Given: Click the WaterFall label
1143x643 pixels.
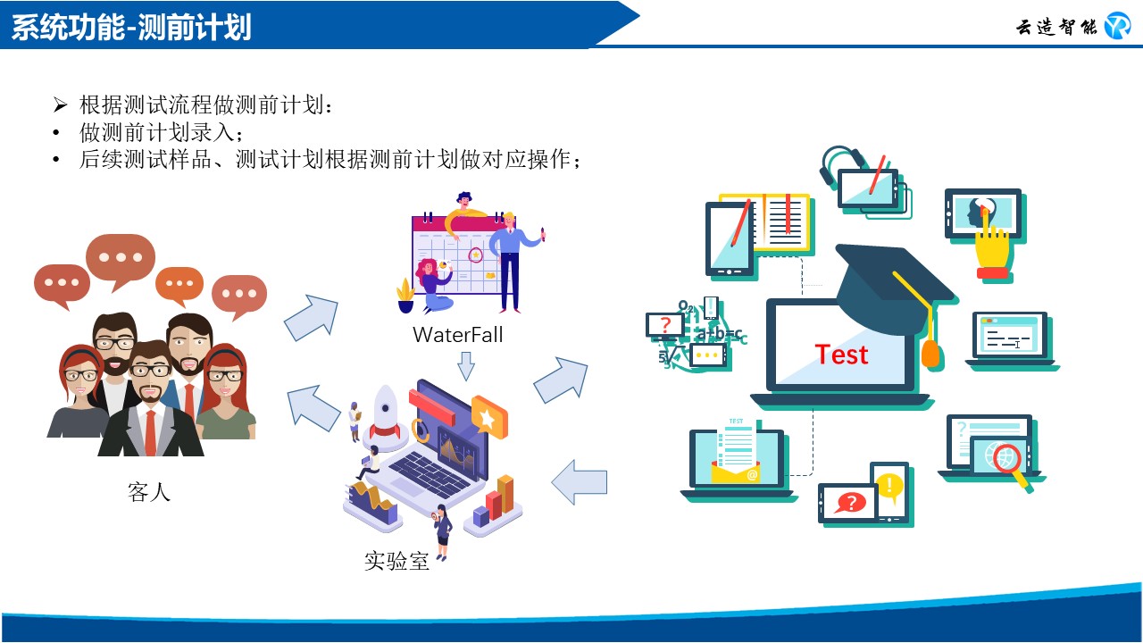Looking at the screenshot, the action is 458,335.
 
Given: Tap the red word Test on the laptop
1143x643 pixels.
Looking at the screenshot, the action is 841,355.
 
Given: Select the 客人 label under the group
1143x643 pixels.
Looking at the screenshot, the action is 148,492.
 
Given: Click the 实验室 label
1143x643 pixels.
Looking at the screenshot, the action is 396,561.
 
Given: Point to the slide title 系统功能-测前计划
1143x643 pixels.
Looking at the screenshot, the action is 131,27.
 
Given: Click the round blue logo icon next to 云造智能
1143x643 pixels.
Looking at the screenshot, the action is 1117,26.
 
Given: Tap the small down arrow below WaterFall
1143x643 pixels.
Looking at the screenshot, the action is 466,366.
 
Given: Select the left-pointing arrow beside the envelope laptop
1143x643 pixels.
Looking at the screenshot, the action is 580,482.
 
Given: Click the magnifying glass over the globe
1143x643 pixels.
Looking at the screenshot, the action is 1010,465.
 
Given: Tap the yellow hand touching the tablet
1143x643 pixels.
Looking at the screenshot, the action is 992,250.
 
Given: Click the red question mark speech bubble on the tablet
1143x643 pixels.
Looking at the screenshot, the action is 850,503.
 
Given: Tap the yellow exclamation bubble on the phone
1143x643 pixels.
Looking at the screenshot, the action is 889,486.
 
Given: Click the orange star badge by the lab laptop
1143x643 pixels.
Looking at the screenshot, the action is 489,417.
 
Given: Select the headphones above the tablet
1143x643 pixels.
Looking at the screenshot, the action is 839,164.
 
